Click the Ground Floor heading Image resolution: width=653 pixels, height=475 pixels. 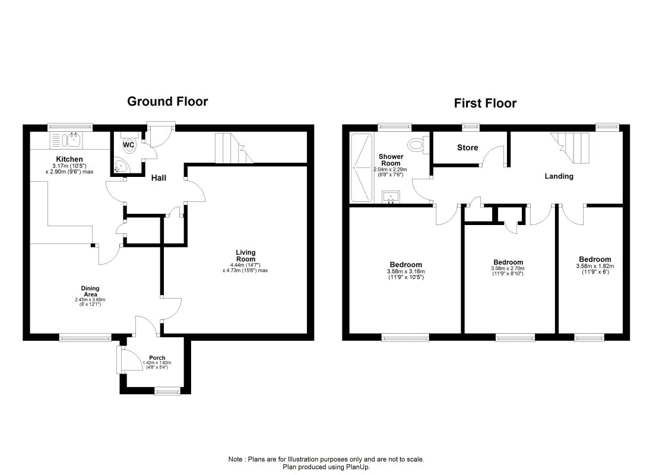pos(167,102)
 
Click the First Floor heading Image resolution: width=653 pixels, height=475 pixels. pos(485,103)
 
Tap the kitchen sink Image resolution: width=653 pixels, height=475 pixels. pos(66,140)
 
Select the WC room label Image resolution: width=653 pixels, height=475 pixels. pos(128,145)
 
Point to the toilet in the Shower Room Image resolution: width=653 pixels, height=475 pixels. pos(419,145)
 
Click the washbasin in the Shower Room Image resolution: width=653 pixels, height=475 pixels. pos(391,197)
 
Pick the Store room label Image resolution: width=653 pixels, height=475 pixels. pos(467,147)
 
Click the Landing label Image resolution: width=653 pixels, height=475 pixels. pos(559,176)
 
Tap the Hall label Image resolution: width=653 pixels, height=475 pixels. pos(159,178)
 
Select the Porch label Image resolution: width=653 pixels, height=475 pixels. pos(157,357)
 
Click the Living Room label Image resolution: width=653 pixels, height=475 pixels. pos(246,255)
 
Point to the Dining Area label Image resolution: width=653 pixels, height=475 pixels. pos(90,292)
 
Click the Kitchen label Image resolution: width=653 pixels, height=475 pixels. pos(69,159)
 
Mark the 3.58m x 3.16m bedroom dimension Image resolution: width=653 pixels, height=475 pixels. pos(405,271)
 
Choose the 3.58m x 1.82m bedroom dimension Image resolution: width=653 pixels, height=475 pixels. pos(595,266)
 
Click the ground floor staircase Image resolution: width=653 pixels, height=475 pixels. pos(234,148)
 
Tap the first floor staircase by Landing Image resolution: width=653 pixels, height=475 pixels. pos(570,148)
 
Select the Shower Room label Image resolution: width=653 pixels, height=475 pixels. pos(391,160)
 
